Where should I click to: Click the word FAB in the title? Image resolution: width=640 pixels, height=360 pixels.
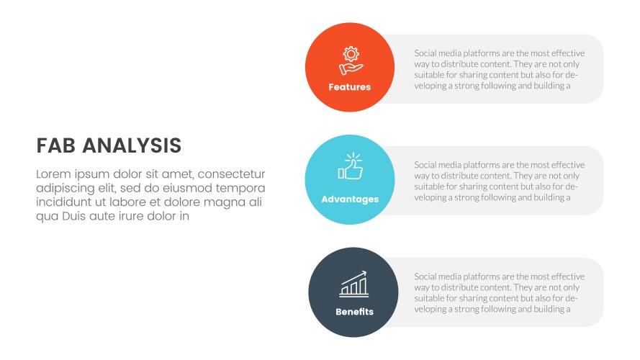click(55, 146)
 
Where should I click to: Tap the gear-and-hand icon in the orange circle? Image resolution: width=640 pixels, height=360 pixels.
click(350, 60)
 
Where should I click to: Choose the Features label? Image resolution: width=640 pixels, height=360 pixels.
click(350, 87)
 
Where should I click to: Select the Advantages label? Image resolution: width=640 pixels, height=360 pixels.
click(350, 199)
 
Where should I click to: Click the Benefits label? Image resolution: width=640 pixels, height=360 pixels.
click(354, 312)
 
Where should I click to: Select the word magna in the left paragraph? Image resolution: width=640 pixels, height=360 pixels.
click(221, 202)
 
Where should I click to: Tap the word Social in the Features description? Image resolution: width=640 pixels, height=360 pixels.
click(428, 53)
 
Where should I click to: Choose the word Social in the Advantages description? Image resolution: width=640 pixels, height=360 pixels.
click(428, 165)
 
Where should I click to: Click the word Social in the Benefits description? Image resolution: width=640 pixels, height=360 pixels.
click(428, 276)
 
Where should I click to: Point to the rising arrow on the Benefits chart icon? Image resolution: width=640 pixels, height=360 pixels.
click(361, 274)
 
